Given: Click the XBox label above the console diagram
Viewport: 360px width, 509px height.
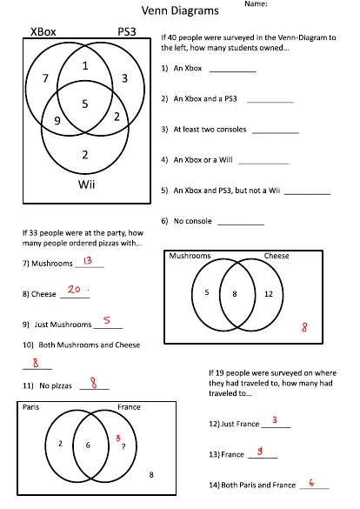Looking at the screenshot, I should tap(43, 31).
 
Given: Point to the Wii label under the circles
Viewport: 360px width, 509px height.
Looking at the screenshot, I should tap(86, 184).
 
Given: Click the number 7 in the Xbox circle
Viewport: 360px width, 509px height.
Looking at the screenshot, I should tap(45, 79).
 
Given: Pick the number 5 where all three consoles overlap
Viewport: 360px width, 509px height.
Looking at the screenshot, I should tap(84, 104).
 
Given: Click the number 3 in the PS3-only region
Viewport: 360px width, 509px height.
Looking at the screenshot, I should tap(124, 79).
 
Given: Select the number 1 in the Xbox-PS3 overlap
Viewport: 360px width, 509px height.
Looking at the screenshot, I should tap(84, 66).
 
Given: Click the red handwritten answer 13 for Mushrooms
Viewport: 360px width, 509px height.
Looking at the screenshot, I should tap(87, 261).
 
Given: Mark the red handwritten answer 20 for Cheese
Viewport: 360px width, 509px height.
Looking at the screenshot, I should tap(75, 291).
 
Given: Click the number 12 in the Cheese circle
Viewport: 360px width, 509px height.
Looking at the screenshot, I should tap(268, 294).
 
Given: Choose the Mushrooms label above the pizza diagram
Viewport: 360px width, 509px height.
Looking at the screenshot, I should tap(190, 257).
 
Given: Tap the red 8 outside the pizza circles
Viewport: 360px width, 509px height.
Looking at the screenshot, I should tap(303, 328).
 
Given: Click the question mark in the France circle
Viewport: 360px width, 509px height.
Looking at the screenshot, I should tap(123, 446).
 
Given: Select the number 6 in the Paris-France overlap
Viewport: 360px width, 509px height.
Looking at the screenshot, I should tap(86, 445).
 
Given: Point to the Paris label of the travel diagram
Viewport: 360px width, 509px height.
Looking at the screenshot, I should tap(30, 407).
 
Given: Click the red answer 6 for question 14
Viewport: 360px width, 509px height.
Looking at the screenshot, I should tap(311, 482).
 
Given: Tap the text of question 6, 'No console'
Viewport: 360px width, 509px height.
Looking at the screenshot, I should tap(192, 221).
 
